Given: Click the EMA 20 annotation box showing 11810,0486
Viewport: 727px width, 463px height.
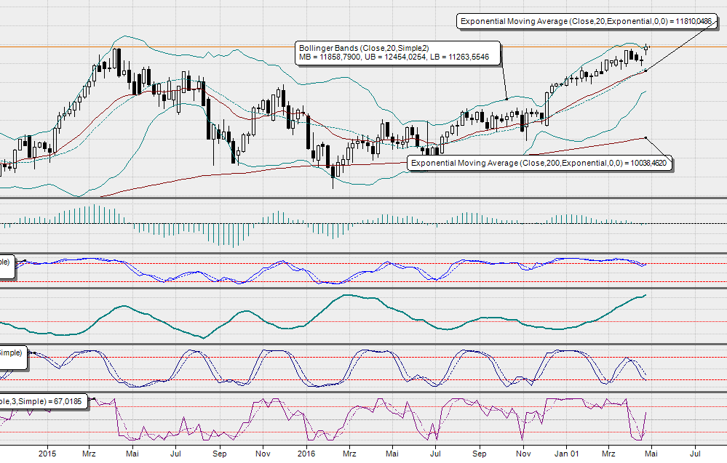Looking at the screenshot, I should coord(586,22).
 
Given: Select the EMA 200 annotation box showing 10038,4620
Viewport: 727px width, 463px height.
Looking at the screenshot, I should coord(539,164).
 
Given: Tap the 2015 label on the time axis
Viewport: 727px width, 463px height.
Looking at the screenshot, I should coord(47,453).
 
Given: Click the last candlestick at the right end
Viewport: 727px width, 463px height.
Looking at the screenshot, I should coord(647,47).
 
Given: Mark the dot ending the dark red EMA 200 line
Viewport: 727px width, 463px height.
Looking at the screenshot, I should coord(645,137).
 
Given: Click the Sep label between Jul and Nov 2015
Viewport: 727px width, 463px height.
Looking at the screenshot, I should coord(218,453).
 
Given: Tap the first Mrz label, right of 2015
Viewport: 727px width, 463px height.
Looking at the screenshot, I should coord(89,453).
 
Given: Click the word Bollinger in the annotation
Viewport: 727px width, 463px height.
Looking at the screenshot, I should coord(317,48).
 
